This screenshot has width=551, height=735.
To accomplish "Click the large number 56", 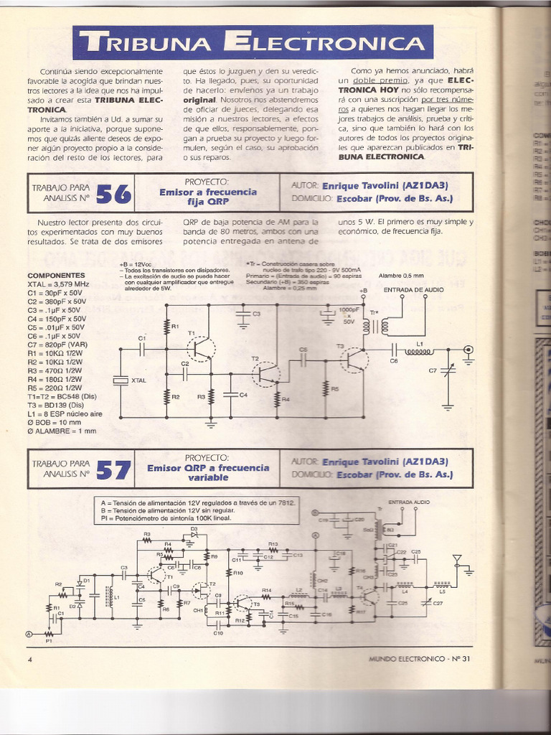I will coord(113,193).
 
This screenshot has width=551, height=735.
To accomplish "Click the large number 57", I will coord(113,469).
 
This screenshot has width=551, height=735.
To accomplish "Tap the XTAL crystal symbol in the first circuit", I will coord(120,380).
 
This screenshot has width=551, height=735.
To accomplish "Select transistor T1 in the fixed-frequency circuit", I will coord(200,348).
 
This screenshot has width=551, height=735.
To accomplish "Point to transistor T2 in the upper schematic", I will coord(266,373).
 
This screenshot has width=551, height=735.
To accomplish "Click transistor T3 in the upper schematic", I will coord(353,358).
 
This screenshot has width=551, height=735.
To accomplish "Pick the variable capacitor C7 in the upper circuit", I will coord(448,372).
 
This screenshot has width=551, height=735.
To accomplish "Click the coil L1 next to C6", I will coord(419,351).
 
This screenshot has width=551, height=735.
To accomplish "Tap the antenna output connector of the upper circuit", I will coord(468,350).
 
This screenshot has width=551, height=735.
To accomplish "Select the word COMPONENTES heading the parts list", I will coord(56,276).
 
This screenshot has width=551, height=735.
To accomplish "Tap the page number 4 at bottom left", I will coord(30,658).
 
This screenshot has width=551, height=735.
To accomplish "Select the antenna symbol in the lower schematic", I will coord(456,560).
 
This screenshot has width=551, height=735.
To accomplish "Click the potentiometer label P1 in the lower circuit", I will coord(49,640).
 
